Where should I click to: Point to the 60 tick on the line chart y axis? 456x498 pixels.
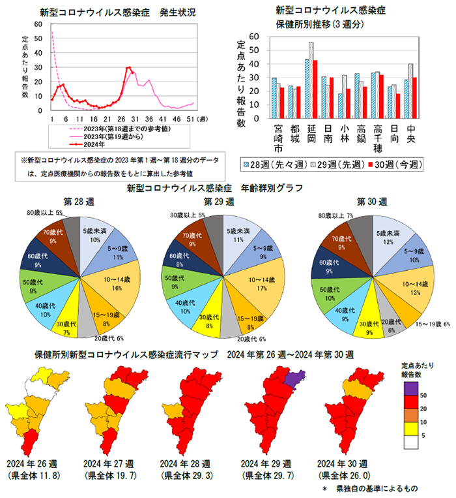tap(39, 24)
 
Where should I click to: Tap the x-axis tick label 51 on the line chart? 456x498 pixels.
tap(190, 119)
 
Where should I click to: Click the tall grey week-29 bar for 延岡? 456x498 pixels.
tap(311, 80)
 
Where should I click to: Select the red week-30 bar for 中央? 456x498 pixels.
tap(414, 98)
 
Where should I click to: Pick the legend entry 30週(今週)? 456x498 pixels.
tap(393, 165)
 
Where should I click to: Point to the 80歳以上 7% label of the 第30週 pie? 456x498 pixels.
tap(341, 215)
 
